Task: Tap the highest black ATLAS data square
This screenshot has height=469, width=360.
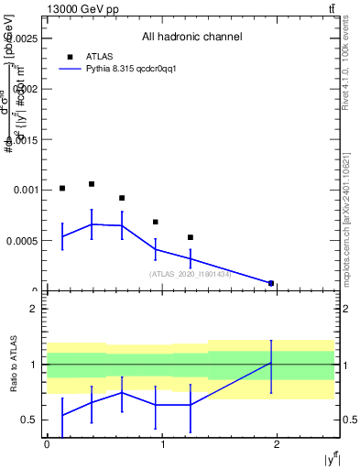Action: click(x=92, y=184)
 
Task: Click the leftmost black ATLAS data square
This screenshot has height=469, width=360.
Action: click(x=62, y=189)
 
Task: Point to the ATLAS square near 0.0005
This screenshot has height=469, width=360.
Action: click(x=191, y=237)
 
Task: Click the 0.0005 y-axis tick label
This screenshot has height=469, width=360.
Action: click(x=25, y=241)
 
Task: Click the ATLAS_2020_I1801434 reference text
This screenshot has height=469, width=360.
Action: click(x=190, y=274)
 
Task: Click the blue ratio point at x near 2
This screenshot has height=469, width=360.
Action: click(x=271, y=364)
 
